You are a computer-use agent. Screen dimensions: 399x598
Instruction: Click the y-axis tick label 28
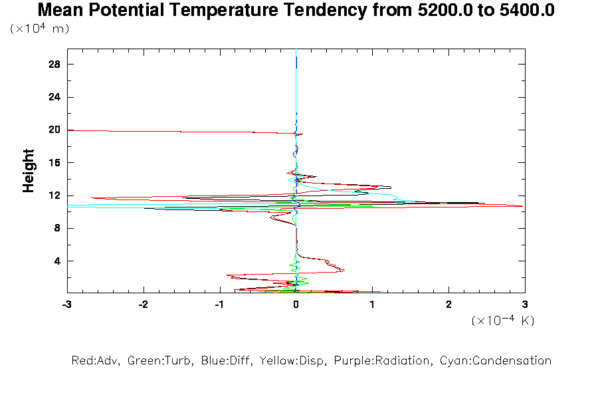[x=55, y=65]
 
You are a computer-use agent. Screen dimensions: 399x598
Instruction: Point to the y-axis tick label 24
[x=55, y=97]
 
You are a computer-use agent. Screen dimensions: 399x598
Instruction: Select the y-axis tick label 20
[x=55, y=130]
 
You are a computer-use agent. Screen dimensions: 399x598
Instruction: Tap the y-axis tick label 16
[x=55, y=163]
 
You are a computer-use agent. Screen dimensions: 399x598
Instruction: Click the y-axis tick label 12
[x=55, y=196]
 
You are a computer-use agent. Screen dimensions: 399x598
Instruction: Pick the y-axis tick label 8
[x=58, y=228]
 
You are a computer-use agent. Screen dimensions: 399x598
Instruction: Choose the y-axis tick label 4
[x=58, y=261]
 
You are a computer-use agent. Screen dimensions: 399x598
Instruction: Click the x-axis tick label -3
[x=67, y=304]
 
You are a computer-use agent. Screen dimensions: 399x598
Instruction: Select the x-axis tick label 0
[x=296, y=304]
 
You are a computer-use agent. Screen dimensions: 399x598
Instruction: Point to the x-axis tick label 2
[x=448, y=304]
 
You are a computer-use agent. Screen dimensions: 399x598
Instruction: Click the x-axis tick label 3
[x=525, y=304]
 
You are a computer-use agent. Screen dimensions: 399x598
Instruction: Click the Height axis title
[x=29, y=172]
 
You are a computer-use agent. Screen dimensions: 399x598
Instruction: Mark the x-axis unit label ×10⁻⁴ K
[x=503, y=321]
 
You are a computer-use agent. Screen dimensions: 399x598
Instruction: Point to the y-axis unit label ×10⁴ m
[x=40, y=29]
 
